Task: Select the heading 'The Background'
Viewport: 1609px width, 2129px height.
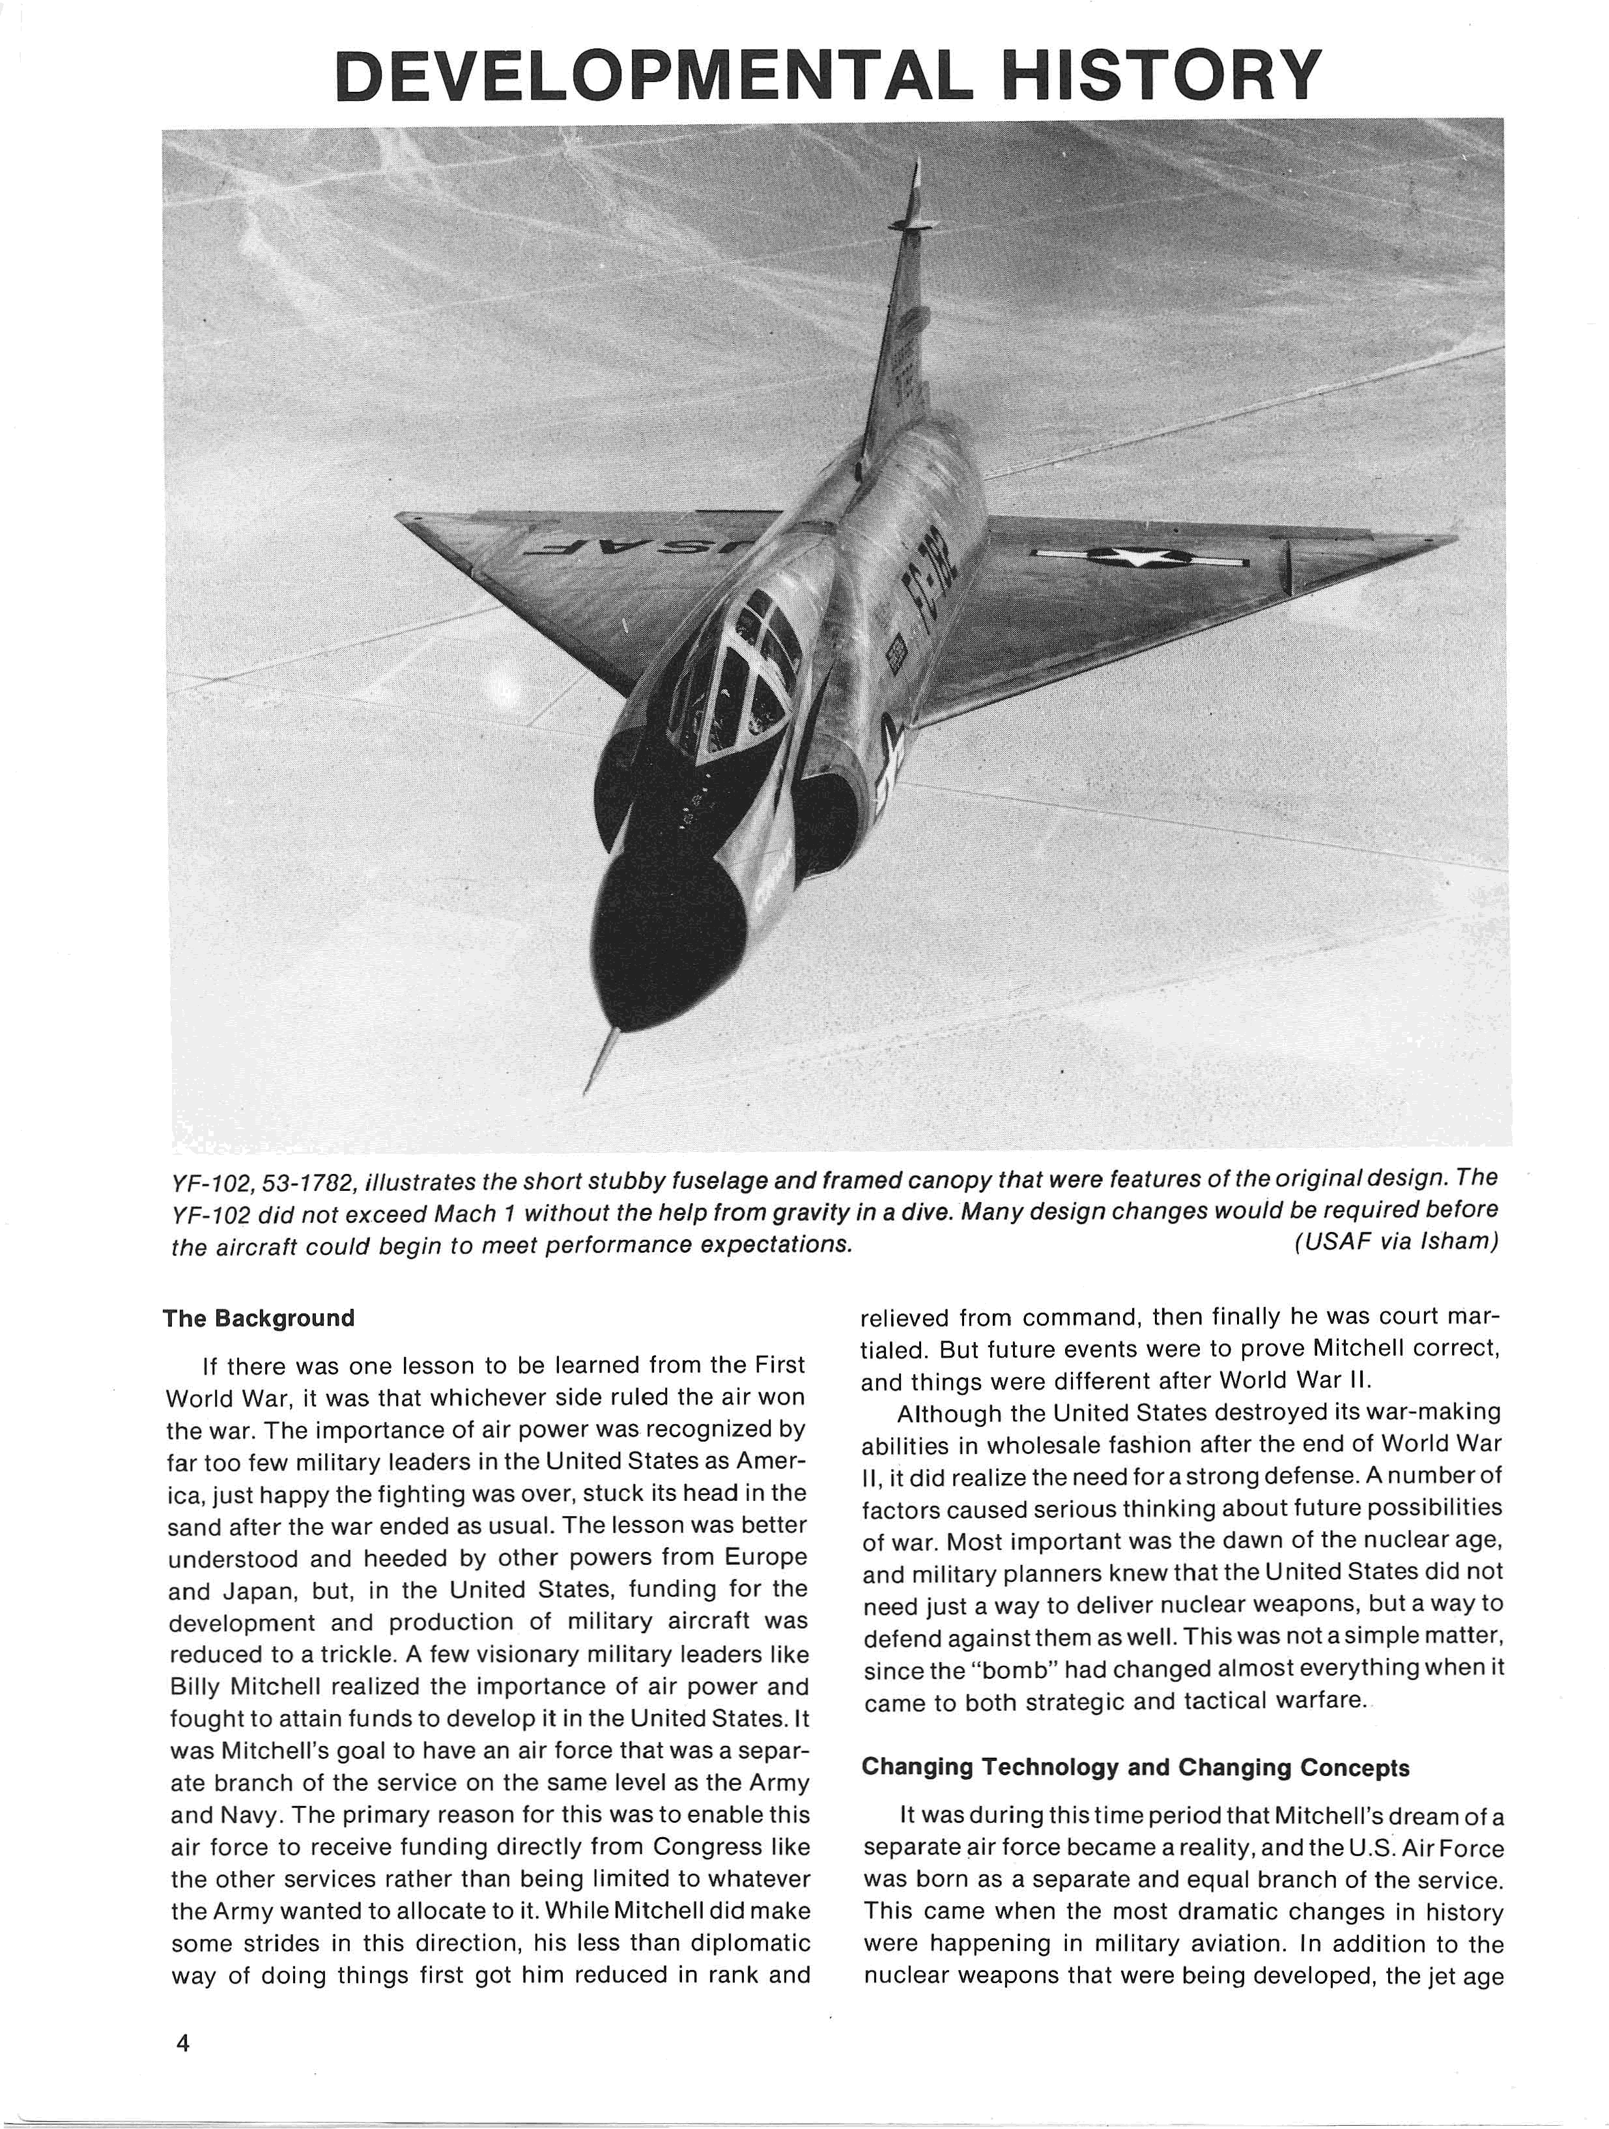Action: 258,1318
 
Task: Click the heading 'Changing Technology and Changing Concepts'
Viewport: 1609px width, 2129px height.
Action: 1135,1767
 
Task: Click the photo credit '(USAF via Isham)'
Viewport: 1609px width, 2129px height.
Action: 1395,1242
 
